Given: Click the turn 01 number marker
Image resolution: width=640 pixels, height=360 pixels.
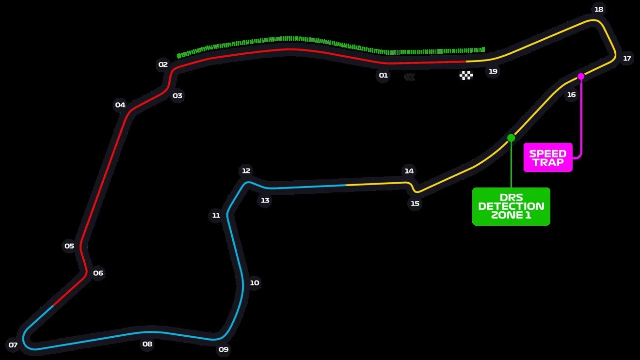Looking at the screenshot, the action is pos(383,76).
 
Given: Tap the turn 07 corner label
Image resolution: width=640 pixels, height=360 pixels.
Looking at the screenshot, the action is pos(13,345).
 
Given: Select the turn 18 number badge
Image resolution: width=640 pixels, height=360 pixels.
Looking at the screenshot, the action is pos(599,9).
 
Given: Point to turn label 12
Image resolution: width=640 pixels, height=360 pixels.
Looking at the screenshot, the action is pos(246,171).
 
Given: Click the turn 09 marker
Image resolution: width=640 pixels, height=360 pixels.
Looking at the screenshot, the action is pos(224,349).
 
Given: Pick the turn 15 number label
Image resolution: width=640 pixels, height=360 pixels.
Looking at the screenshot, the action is pos(415,203).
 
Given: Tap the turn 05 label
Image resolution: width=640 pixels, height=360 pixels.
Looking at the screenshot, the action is pos(69,246).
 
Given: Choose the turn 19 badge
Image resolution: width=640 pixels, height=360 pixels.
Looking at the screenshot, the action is pos(493,71).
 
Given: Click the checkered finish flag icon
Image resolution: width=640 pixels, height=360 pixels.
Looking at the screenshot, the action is pos(466,76).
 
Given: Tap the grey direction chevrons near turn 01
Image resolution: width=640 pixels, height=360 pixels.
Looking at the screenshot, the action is pos(410,77).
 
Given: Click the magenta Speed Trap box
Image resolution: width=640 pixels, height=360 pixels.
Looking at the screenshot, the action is pos(548,157).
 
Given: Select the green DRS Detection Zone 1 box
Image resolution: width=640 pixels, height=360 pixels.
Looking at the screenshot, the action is pos(511,206).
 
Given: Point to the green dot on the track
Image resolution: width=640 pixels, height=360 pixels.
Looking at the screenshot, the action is pos(511,138).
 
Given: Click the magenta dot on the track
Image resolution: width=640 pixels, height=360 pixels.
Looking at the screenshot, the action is pos(581,77).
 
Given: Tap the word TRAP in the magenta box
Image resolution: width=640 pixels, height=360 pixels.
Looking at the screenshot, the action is pos(548,162).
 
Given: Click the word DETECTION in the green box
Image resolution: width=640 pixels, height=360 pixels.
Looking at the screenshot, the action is pos(511,206).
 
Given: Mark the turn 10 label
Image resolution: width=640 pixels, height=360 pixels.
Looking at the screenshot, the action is pos(255,283).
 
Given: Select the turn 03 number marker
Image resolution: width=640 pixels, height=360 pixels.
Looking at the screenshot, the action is pos(177,95).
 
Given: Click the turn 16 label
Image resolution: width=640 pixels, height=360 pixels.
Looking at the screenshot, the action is pos(571,94).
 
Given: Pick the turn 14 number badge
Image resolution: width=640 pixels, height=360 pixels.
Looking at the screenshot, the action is pos(409,171).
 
